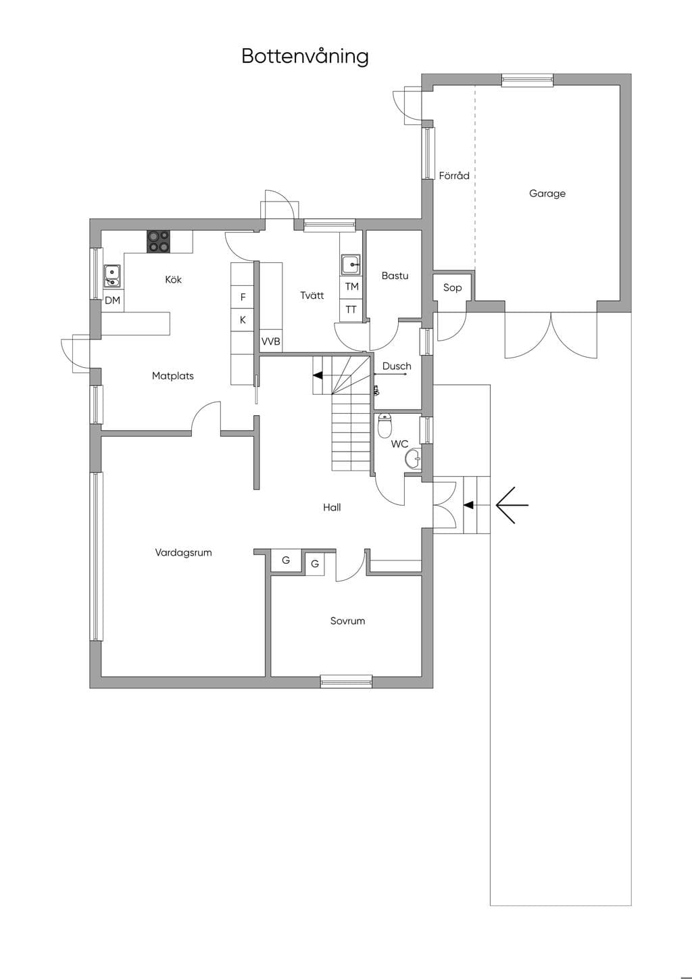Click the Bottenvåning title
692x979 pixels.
click(x=305, y=56)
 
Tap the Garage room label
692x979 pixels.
click(x=547, y=193)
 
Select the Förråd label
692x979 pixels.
click(x=454, y=175)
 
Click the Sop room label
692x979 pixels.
click(x=452, y=287)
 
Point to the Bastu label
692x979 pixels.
click(x=395, y=275)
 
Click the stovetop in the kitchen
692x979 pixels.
click(x=158, y=241)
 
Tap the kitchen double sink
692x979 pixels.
click(x=112, y=276)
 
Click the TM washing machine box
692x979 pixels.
click(x=351, y=287)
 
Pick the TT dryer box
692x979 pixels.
click(x=351, y=310)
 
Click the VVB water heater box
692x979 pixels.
click(x=271, y=341)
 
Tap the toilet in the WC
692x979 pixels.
click(x=385, y=425)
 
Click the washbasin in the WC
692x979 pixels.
click(x=414, y=459)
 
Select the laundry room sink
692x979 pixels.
click(x=351, y=264)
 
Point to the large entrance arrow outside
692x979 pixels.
click(x=512, y=505)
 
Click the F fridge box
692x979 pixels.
click(x=243, y=297)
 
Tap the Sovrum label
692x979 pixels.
click(x=347, y=621)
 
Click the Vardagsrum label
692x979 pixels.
click(x=184, y=552)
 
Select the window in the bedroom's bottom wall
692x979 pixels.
click(x=346, y=682)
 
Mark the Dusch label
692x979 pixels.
click(x=397, y=366)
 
